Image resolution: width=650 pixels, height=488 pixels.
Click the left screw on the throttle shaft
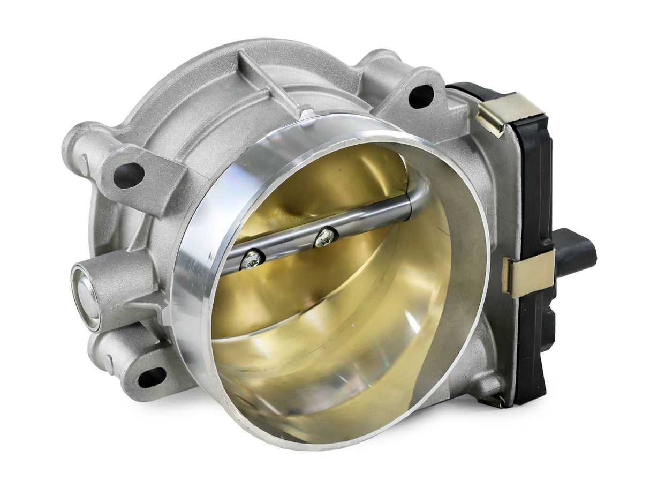(251, 260)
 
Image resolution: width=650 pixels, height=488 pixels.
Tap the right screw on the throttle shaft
(326, 237)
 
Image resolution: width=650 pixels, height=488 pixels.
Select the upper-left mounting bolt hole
(129, 176)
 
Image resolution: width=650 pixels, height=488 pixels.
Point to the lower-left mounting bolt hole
(152, 377)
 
